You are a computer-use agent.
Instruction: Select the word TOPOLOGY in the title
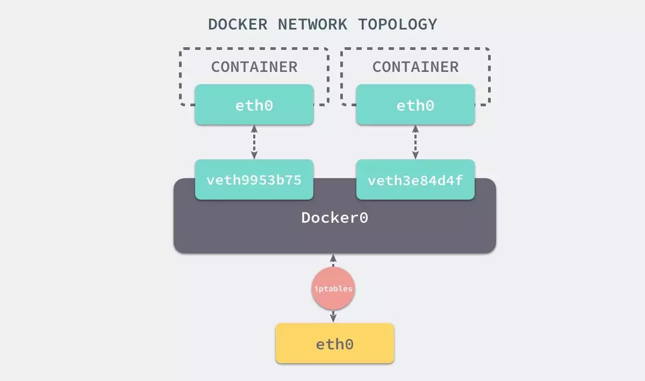click(398, 25)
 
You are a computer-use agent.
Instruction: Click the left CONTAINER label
click(254, 67)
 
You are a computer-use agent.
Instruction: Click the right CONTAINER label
click(415, 67)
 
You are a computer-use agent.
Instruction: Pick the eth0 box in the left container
click(254, 105)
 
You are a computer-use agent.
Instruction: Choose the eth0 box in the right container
click(415, 105)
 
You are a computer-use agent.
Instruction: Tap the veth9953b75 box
click(254, 180)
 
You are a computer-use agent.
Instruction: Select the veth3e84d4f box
click(415, 180)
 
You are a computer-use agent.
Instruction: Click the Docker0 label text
click(334, 218)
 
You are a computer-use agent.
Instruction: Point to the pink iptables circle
click(333, 289)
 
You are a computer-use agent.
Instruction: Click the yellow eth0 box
click(334, 343)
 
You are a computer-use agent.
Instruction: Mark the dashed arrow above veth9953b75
click(254, 142)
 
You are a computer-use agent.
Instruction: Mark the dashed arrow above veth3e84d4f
click(415, 142)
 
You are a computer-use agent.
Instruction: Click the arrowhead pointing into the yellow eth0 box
click(333, 318)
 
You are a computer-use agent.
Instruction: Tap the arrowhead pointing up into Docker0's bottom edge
click(333, 258)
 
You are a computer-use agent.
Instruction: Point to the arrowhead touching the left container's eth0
click(254, 129)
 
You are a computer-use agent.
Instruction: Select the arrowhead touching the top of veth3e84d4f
click(415, 155)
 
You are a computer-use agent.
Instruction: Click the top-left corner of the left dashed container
click(182, 50)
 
